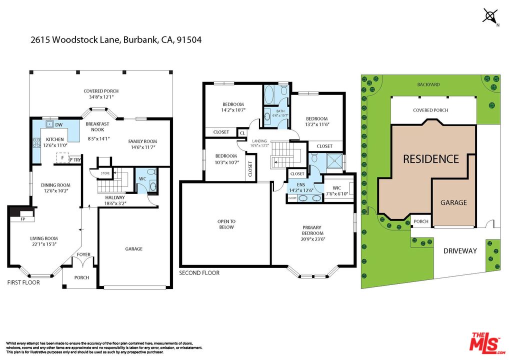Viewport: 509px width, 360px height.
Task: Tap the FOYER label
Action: click(x=83, y=254)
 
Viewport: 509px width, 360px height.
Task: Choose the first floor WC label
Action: click(x=142, y=178)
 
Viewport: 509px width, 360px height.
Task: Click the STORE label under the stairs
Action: click(x=105, y=174)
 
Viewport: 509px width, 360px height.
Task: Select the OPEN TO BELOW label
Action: click(x=226, y=224)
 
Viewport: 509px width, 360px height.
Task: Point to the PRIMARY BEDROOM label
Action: click(x=313, y=230)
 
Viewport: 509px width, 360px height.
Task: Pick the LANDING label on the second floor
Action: click(x=259, y=141)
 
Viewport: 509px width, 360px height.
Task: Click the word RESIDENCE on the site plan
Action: click(x=430, y=159)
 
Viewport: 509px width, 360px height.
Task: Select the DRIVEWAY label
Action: click(x=460, y=250)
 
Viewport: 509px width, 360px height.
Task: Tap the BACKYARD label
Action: click(x=428, y=85)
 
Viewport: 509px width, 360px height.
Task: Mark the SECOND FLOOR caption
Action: click(x=199, y=273)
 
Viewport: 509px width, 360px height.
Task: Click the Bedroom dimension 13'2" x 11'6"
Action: click(x=316, y=124)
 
